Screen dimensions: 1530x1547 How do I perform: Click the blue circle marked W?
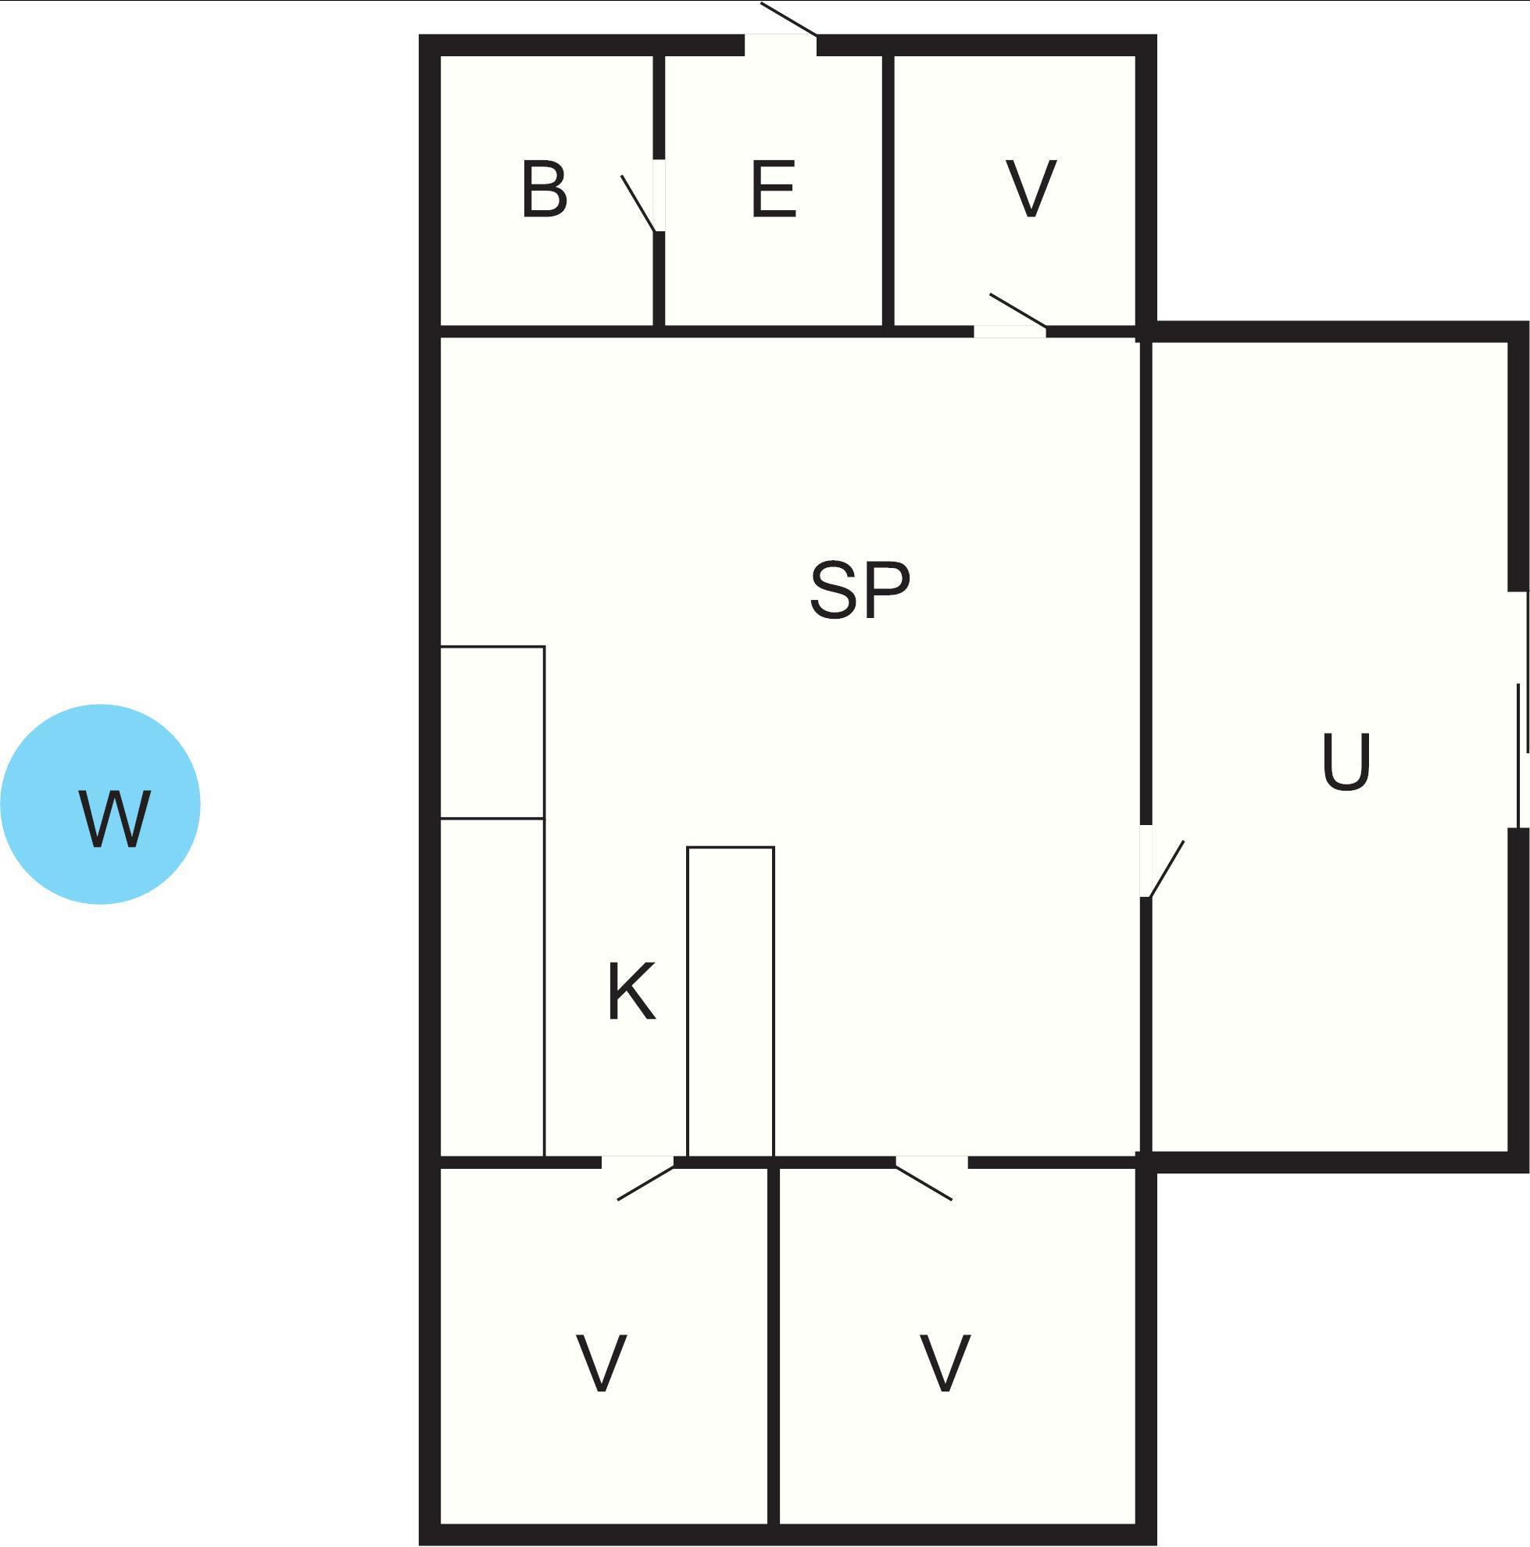coord(100,804)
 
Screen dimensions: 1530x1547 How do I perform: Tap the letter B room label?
coord(545,189)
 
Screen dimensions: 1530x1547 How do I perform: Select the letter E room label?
coord(774,189)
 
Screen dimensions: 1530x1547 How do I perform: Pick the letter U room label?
coord(1346,762)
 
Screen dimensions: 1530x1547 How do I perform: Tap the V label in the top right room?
coord(1031,189)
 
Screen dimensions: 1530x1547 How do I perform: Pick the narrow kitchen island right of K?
coord(731,1002)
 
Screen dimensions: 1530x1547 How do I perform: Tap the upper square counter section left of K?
coord(492,732)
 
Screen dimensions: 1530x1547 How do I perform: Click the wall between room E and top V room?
coord(888,191)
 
